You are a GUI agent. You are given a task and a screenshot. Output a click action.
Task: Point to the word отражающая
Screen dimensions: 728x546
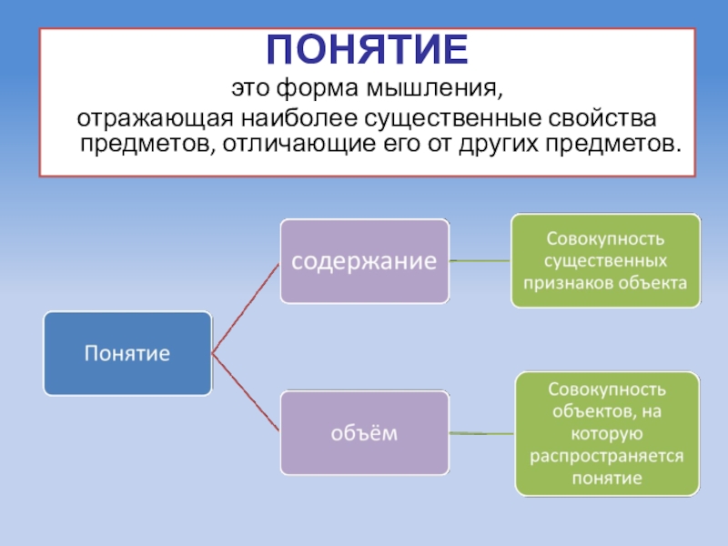coord(151,120)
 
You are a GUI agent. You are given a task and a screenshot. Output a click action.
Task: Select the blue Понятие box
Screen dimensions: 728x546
coord(127,353)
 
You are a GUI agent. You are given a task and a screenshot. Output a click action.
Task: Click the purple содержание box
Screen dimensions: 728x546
coord(364,260)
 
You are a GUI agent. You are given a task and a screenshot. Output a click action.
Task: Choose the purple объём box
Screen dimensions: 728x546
coord(364,433)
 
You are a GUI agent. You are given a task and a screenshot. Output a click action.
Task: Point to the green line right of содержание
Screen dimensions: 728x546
coord(480,260)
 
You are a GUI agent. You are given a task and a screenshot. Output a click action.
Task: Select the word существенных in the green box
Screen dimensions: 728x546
coord(605,261)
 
